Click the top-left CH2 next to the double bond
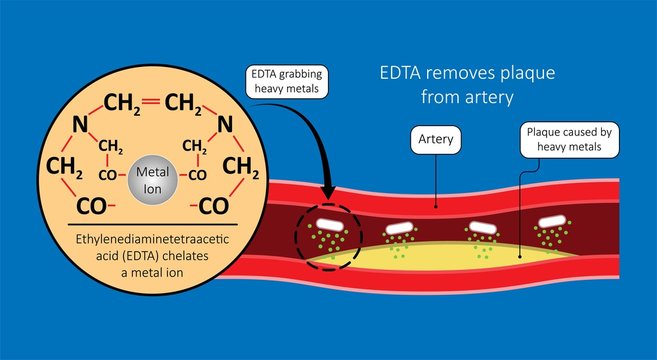[119, 103]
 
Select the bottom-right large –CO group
[227, 207]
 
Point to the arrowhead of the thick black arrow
[327, 198]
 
